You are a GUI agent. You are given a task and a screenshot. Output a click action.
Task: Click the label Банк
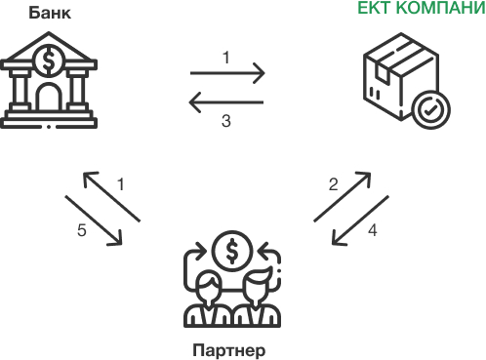[46, 13]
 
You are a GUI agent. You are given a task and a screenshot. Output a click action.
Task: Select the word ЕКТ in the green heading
[377, 13]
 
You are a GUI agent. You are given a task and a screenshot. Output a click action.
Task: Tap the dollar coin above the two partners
[231, 251]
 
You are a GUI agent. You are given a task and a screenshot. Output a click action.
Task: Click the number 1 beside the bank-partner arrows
[121, 183]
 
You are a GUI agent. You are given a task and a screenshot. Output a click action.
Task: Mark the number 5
[82, 230]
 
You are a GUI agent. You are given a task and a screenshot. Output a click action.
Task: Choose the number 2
[333, 184]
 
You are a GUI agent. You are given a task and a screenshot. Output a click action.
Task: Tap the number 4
[372, 231]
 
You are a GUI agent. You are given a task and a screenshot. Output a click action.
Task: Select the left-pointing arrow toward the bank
[226, 101]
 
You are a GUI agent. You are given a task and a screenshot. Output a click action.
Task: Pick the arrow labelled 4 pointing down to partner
[362, 221]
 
